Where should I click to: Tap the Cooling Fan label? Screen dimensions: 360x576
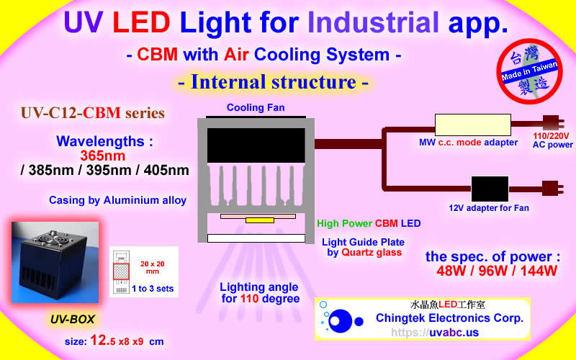[255, 108]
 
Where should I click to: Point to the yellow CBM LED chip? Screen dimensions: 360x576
[258, 220]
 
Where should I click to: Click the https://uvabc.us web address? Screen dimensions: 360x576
[435, 333]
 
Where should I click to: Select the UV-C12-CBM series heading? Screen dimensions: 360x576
[92, 113]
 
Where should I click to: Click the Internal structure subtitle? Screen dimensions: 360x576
[274, 82]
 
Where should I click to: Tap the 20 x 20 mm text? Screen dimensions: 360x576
[152, 269]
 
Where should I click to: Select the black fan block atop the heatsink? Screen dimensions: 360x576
[255, 145]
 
